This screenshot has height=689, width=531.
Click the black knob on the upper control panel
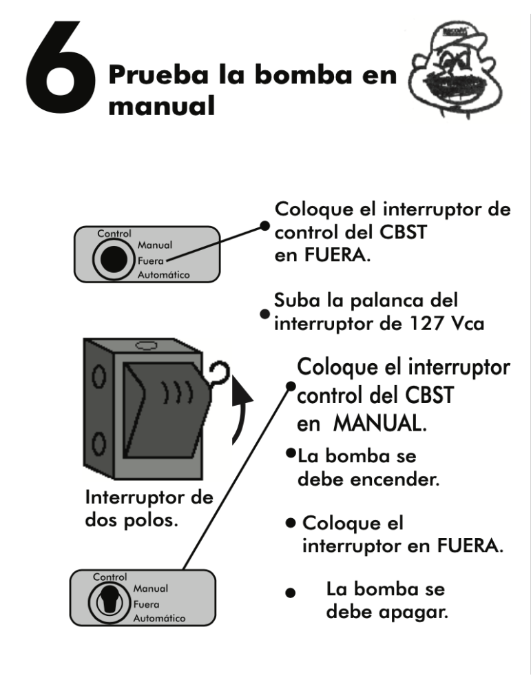click(x=114, y=259)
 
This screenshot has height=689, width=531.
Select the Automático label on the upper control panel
click(x=163, y=275)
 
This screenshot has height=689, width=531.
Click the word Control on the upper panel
click(x=114, y=234)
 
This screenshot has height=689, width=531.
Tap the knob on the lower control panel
click(x=109, y=602)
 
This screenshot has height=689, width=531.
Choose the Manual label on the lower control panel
click(x=150, y=588)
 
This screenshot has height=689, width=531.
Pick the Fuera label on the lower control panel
click(x=146, y=604)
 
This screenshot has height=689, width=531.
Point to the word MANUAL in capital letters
click(x=380, y=424)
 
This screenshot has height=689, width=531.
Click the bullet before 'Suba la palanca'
click(x=265, y=314)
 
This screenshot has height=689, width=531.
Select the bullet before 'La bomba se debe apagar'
click(x=291, y=593)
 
